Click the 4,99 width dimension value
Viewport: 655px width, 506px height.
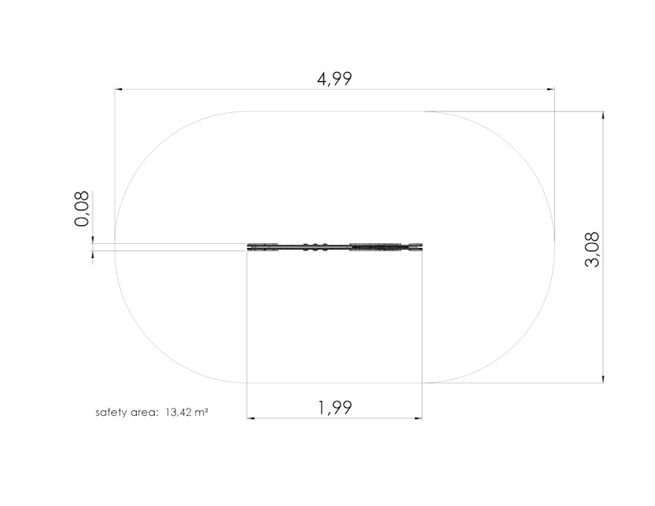[334, 79]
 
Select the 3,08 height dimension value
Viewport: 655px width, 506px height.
[592, 250]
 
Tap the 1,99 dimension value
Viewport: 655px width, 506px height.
[335, 408]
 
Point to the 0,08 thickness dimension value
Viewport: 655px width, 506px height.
[82, 209]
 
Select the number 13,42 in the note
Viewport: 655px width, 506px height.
[178, 413]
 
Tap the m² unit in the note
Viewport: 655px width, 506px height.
[201, 413]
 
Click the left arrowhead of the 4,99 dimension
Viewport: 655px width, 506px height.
[119, 89]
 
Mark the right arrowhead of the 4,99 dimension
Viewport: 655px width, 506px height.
[551, 89]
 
